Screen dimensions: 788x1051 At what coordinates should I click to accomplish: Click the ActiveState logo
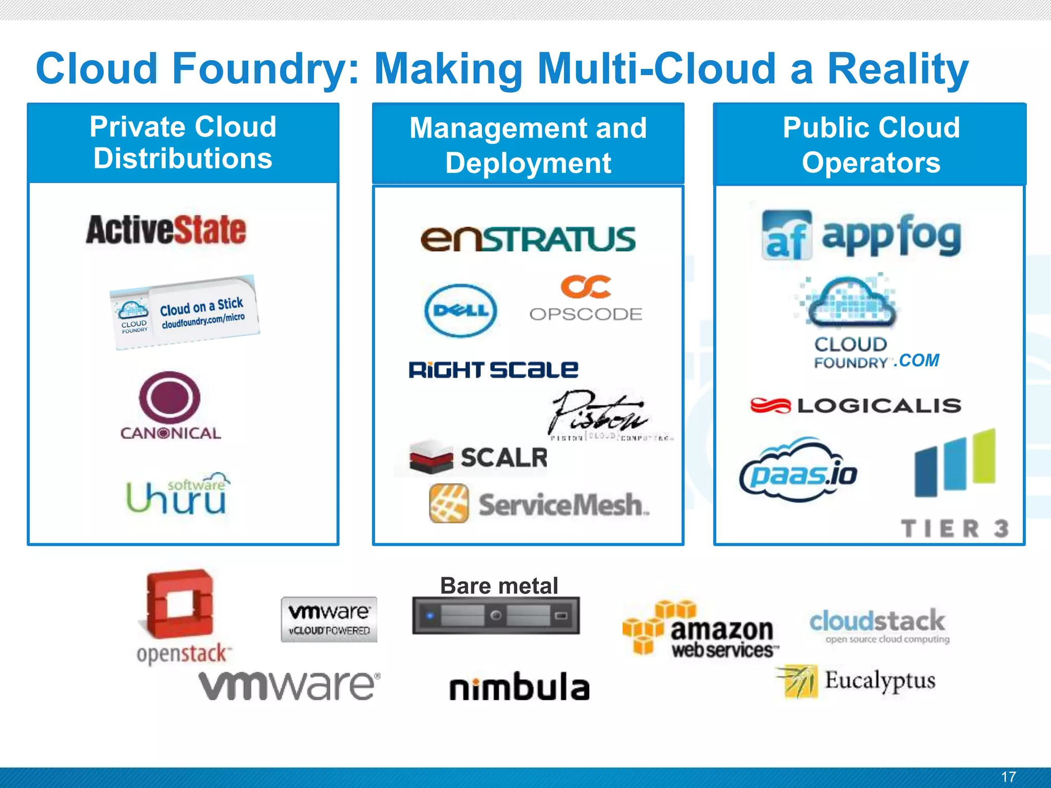166,230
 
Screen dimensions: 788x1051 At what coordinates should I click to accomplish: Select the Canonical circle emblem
170,397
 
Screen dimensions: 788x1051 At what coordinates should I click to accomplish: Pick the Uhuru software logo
177,494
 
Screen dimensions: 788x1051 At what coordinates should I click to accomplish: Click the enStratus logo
528,240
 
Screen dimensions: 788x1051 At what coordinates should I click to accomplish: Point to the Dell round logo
461,310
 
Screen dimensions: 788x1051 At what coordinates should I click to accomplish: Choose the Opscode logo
586,299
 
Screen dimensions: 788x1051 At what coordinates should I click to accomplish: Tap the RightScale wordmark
493,369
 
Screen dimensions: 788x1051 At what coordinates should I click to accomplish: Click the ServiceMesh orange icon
449,503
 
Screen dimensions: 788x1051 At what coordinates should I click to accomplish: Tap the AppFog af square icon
787,235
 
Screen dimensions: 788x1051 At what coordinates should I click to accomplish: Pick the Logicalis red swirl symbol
770,406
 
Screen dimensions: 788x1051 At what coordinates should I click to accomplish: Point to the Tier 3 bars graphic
955,463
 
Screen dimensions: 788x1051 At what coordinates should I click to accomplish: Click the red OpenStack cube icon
179,603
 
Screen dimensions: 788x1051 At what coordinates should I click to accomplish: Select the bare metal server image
496,615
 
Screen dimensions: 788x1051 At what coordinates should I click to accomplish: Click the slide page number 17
1008,777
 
